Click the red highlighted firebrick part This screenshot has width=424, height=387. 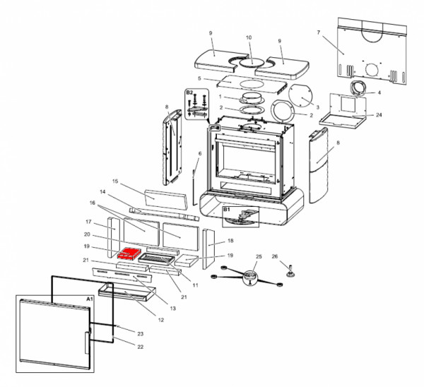click(x=129, y=254)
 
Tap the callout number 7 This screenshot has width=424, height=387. click(x=319, y=32)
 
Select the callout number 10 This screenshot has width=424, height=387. click(x=249, y=37)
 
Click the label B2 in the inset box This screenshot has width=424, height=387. click(x=189, y=93)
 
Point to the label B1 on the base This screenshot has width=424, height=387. click(x=227, y=210)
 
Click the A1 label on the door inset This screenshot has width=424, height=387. click(x=90, y=299)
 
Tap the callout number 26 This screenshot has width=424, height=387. click(x=275, y=256)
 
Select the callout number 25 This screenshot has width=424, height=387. click(x=259, y=256)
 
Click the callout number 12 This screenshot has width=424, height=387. click(x=161, y=320)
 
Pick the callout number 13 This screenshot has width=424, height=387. click(x=173, y=308)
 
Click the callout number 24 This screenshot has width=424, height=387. click(x=379, y=115)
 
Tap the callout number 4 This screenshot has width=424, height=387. click(x=379, y=93)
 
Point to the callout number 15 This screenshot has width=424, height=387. click(x=115, y=181)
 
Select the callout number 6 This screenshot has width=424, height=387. click(x=200, y=153)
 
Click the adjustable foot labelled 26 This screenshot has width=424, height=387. click(x=290, y=273)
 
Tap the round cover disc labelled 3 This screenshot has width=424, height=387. click(x=300, y=96)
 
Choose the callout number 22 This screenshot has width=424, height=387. click(x=140, y=347)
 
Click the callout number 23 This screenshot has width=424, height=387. click(x=140, y=334)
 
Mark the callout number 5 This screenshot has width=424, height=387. click(x=199, y=78)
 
